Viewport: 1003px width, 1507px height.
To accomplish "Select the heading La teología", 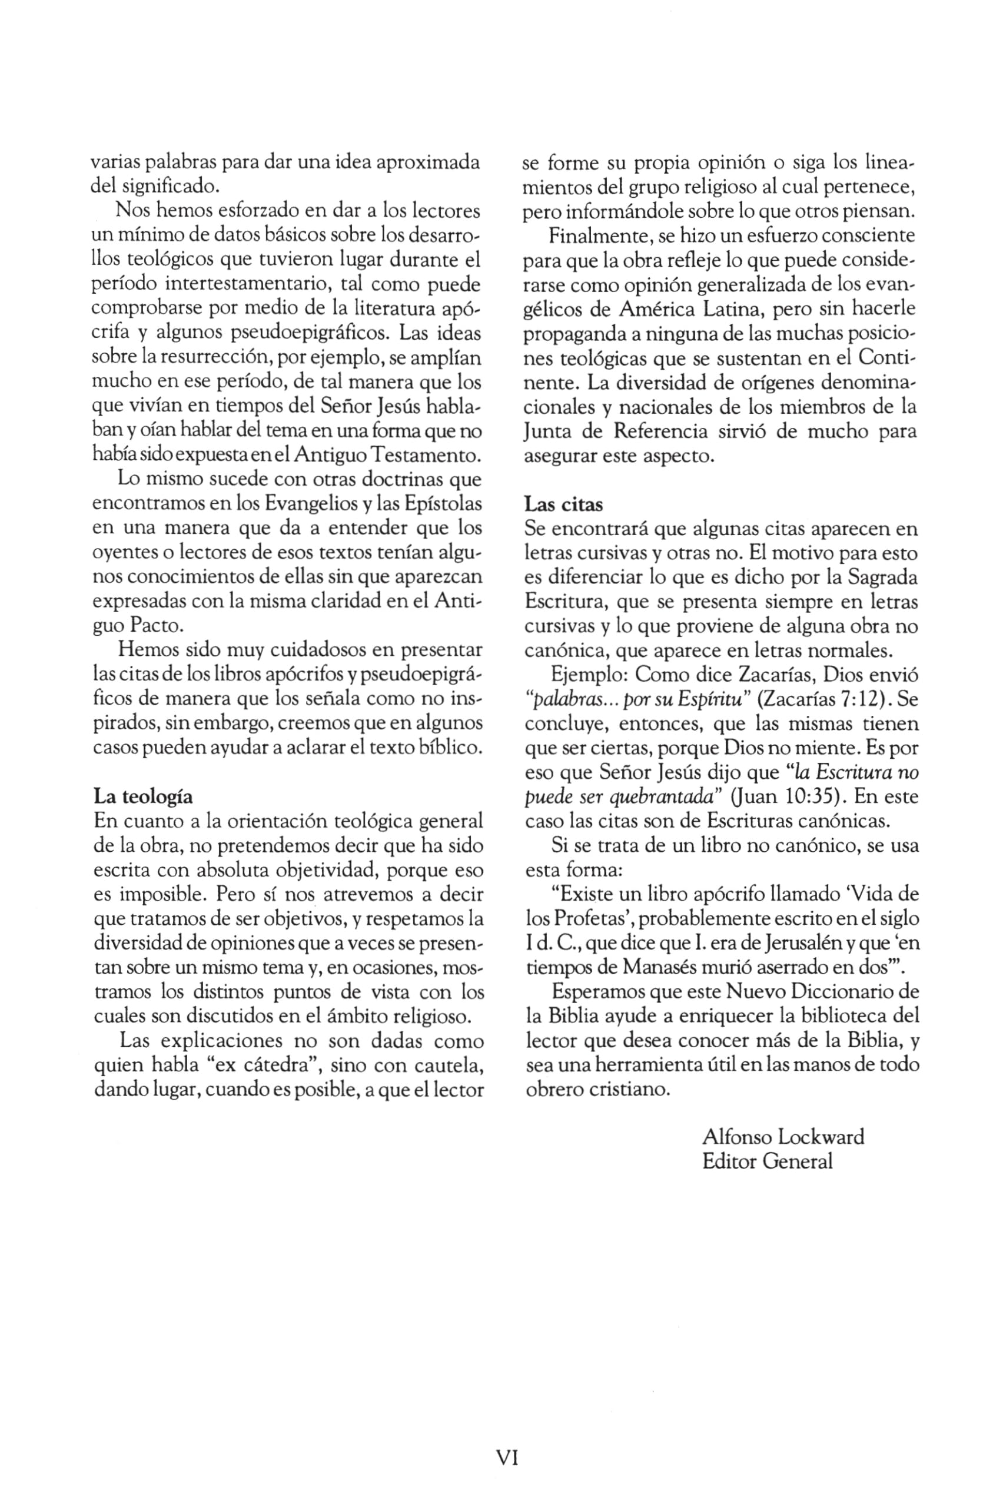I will (x=142, y=796).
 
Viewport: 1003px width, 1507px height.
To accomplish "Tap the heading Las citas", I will (x=563, y=504).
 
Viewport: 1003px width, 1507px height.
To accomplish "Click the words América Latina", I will (x=691, y=309).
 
